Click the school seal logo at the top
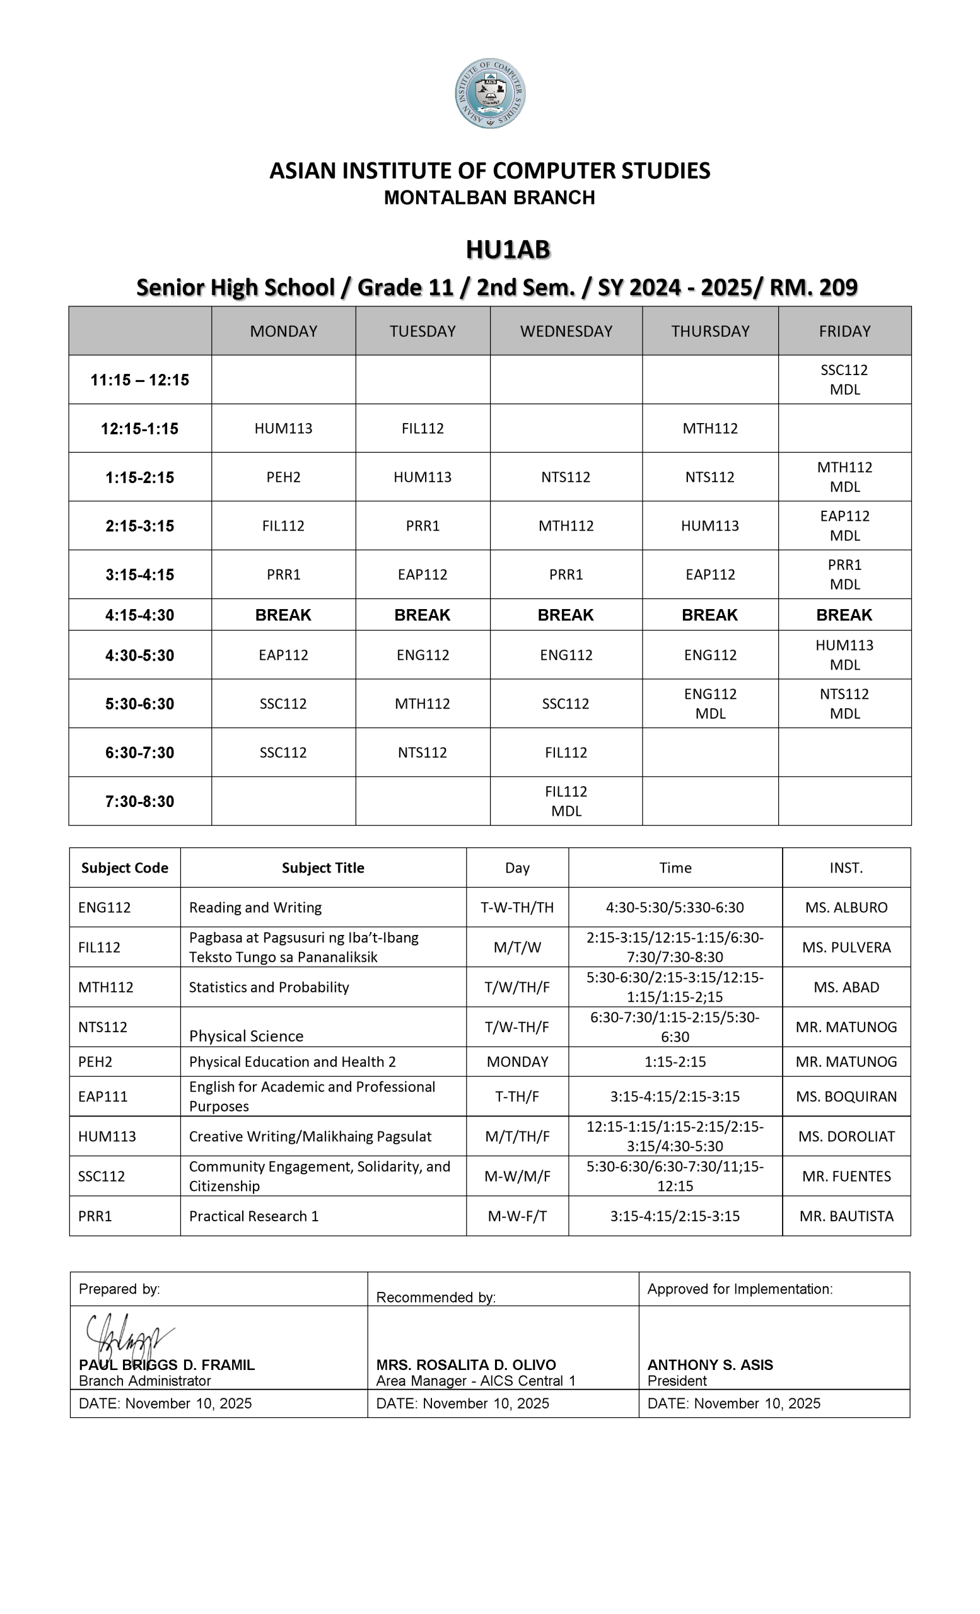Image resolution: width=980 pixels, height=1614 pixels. pos(490,93)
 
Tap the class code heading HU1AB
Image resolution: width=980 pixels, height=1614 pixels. pos(508,250)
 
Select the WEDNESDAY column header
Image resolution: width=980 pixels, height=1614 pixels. pos(566,332)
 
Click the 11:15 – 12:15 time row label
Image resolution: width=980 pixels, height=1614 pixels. pos(139,380)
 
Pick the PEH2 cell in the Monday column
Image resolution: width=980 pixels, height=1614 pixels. pos(283,477)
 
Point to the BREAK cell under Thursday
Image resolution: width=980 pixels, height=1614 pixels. pos(709,615)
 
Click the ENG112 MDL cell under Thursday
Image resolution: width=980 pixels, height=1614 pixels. pos(710,704)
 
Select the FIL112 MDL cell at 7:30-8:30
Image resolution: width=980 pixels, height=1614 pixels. pos(566,801)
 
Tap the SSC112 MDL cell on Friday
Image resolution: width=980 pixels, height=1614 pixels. pos(844,380)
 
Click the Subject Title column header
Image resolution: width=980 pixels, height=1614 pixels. pos(323,868)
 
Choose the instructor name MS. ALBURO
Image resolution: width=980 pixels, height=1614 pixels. pos(846,908)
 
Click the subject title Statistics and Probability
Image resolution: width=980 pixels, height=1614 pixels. pos(269,987)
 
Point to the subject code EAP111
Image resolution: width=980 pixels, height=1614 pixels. pos(103,1096)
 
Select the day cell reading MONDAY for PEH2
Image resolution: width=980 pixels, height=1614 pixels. pos(517,1062)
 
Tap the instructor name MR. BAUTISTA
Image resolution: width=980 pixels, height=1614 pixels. pos(846,1216)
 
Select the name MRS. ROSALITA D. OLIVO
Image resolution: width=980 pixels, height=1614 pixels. pos(466,1365)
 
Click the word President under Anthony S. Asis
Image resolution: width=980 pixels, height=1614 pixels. pos(677,1381)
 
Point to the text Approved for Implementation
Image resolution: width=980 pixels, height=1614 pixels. pos(740,1289)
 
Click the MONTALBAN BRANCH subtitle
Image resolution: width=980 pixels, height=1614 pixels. pos(489,198)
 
